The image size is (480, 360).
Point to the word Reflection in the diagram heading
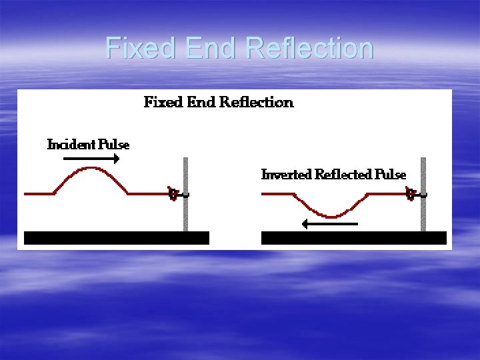(x=257, y=102)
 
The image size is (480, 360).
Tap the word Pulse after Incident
(x=114, y=144)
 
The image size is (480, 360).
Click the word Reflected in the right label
(x=343, y=175)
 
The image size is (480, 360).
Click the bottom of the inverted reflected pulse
(x=331, y=216)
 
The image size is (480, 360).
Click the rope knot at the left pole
(x=173, y=194)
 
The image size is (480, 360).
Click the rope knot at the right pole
(x=411, y=194)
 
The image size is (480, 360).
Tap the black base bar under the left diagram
(x=117, y=238)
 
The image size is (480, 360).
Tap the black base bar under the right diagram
(x=353, y=238)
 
